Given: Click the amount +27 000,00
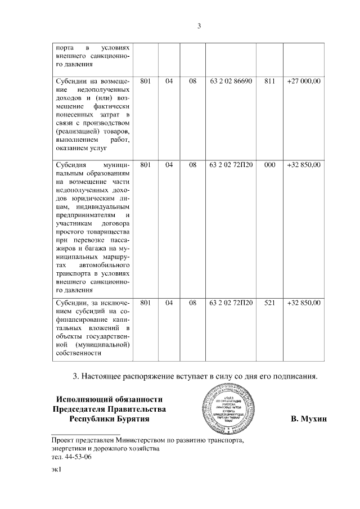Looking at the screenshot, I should tap(303, 82).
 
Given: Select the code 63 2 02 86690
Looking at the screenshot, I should tap(231, 82).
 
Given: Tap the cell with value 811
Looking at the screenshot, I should tap(269, 82).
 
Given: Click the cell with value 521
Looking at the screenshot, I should tap(269, 303).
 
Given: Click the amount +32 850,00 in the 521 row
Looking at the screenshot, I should tap(303, 303).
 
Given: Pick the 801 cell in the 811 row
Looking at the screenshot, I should tap(145, 82).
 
